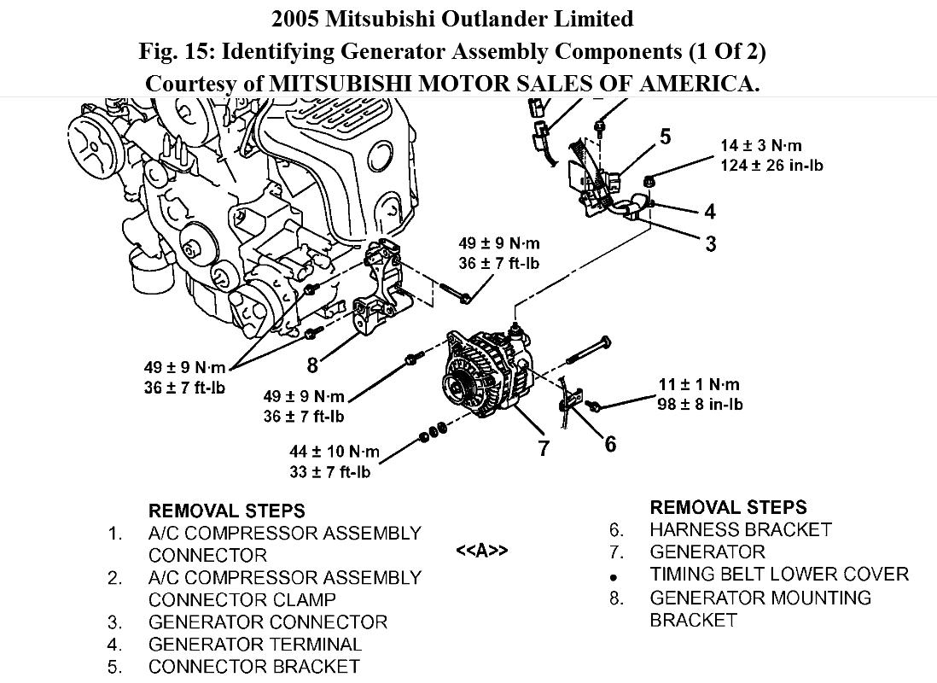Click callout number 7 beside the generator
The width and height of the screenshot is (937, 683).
pos(544,447)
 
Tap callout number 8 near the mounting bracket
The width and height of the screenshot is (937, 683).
pos(312,365)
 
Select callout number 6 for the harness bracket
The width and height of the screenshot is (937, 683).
pos(609,443)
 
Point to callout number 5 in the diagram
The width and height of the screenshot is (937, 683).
pos(664,137)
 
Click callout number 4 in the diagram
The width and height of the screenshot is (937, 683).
pos(709,211)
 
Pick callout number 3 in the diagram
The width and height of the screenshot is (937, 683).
pos(710,244)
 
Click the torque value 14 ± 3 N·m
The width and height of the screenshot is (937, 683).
pos(761,146)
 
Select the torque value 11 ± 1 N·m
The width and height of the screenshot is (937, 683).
pos(699,385)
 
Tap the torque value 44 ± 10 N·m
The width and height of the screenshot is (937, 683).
pos(334,452)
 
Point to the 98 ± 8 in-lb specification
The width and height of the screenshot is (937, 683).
pos(700,404)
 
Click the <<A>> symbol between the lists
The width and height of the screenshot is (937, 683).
pos(481,551)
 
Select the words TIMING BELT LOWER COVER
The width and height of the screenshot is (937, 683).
pos(779,575)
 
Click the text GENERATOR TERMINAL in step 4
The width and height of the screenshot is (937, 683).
pos(255,645)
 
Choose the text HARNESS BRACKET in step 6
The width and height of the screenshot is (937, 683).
pos(740,529)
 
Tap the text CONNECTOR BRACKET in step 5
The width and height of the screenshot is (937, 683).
pos(253,667)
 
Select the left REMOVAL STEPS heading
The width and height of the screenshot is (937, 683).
pos(226,511)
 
